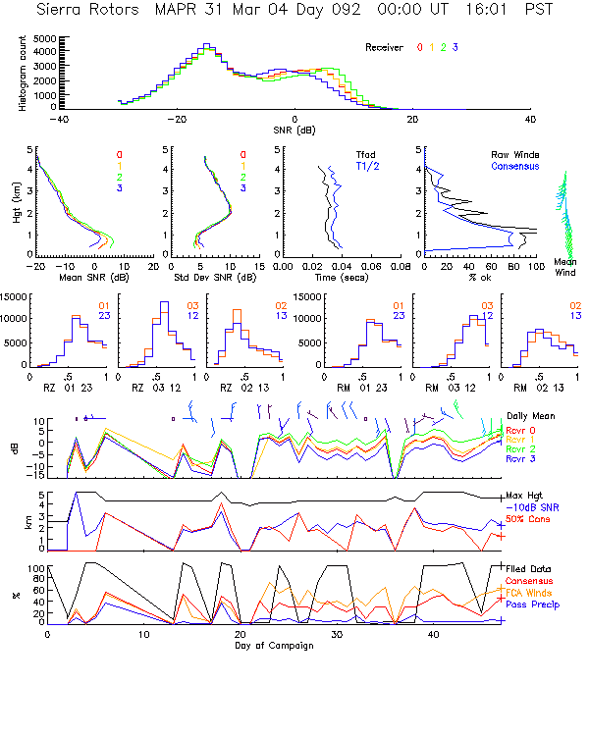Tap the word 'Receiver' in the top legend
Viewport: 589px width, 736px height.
coord(385,47)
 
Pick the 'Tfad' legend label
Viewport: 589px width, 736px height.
coord(365,155)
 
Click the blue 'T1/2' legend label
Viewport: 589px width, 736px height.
coord(365,167)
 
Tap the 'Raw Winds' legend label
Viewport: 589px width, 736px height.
coord(510,155)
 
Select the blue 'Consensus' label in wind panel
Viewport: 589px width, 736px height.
coord(510,167)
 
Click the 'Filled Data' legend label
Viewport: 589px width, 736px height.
coord(528,568)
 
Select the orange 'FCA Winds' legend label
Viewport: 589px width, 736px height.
coord(528,593)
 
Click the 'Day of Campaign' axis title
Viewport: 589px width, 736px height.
coord(275,644)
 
